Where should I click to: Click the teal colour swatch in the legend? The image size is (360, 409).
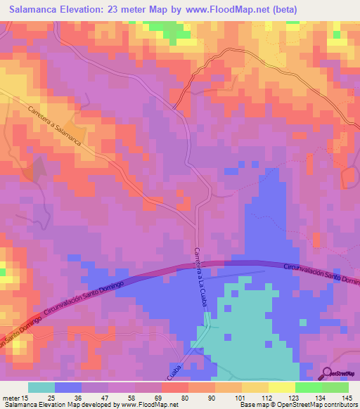click(41, 387)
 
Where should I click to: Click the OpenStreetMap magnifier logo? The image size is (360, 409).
click(328, 373)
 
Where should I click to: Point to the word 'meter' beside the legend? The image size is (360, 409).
click(14, 398)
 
